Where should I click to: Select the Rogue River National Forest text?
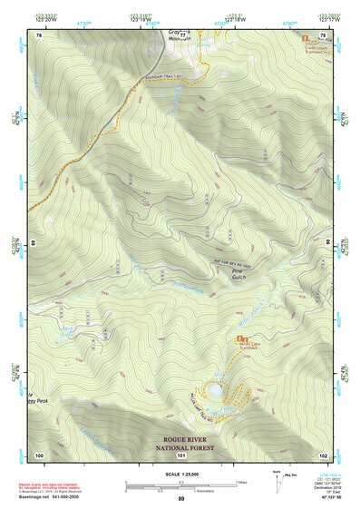click(x=180, y=442)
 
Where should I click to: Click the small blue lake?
click(x=216, y=389)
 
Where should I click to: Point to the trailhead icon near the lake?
click(x=240, y=340)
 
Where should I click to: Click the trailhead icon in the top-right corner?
click(x=306, y=40)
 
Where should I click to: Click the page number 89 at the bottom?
click(x=180, y=499)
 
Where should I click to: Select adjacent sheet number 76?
click(x=39, y=34)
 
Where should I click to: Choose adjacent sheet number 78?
click(x=323, y=34)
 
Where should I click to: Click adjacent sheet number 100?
click(x=39, y=454)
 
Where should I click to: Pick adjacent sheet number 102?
click(x=323, y=454)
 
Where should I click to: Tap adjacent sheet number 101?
click(x=180, y=455)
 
